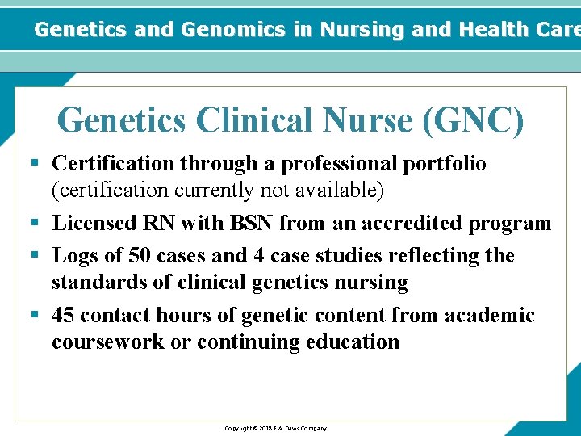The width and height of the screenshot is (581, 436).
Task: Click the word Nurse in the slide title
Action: (x=369, y=121)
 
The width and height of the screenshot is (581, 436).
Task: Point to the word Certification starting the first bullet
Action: (x=113, y=164)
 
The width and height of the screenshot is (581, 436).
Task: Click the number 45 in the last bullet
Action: (x=63, y=315)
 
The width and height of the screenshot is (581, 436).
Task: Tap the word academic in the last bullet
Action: (x=490, y=315)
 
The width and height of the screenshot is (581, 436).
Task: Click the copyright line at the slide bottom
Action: (x=275, y=428)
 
